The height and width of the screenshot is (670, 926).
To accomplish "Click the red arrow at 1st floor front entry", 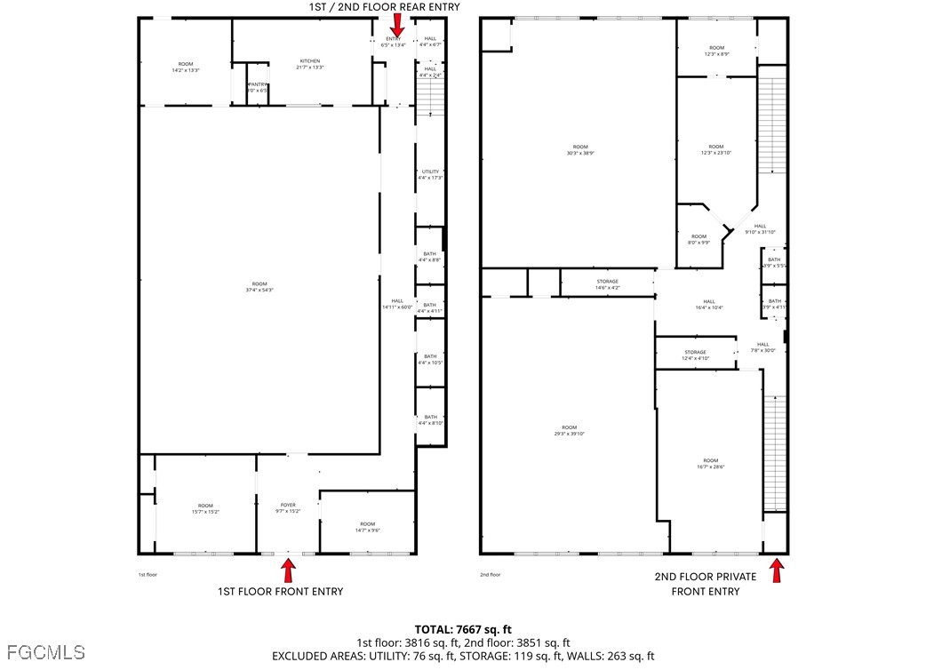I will tap(288, 570).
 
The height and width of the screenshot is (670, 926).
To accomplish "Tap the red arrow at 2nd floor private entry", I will tap(777, 570).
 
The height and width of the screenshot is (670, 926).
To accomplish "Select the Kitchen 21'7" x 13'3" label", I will tap(309, 64).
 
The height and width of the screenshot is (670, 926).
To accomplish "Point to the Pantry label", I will tap(257, 87).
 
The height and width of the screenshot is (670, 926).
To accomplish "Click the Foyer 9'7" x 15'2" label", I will tap(288, 507).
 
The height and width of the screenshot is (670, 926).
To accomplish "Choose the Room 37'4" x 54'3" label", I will tap(259, 287).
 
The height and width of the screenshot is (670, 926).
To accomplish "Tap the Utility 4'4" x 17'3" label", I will tap(430, 174).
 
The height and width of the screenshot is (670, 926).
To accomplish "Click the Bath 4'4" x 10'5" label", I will tap(430, 359).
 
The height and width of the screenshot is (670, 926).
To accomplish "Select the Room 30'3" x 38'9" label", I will tap(580, 149).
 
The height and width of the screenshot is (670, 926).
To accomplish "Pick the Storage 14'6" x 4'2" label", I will tap(607, 284).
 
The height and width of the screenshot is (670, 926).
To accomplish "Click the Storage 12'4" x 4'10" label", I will tap(695, 355).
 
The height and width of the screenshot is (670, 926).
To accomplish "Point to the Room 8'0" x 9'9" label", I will tap(698, 239).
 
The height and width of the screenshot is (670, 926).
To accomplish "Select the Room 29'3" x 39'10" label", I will tap(569, 430).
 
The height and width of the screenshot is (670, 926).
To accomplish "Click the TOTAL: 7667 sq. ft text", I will tap(463, 629).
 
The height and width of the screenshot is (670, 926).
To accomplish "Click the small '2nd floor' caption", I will tap(491, 575).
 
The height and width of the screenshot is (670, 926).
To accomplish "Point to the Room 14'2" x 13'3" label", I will tap(185, 67).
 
